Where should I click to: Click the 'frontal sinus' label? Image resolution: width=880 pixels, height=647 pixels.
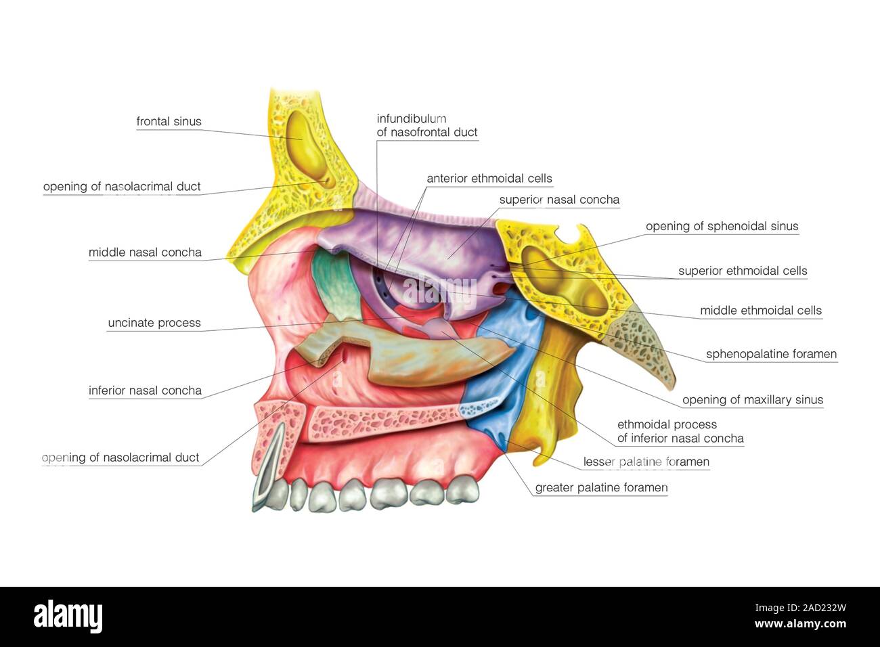pos(169,121)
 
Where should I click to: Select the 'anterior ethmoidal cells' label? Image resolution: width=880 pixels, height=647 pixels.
pos(489,179)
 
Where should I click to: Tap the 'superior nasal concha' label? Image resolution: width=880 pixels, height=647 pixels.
pos(559,200)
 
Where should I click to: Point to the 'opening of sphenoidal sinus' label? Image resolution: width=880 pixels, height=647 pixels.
pos(722,226)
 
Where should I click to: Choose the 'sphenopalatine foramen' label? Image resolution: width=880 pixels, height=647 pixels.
pos(772,354)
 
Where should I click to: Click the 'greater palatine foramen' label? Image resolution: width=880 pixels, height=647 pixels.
pos(602,488)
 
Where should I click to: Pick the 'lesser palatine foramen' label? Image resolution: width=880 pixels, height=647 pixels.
pos(646,462)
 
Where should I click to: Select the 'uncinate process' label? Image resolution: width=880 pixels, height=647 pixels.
pos(154,323)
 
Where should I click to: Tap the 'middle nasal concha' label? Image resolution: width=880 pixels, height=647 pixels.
pos(145,252)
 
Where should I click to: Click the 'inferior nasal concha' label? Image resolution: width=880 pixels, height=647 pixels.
pos(145,391)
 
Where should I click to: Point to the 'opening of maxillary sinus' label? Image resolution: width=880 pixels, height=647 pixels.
pos(753,400)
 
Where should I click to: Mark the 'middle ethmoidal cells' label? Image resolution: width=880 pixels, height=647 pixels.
pos(761,311)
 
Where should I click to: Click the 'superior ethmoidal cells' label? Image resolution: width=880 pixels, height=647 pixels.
pos(743,271)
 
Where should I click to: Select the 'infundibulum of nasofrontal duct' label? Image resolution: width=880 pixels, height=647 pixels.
pos(427,125)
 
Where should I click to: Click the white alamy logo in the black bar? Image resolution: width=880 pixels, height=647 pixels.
pos(68,617)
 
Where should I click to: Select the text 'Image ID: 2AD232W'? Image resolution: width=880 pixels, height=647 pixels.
pos(800,608)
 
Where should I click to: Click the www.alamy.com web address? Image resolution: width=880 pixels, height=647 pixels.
pos(800,624)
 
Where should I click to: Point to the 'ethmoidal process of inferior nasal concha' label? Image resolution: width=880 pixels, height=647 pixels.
pos(680,431)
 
